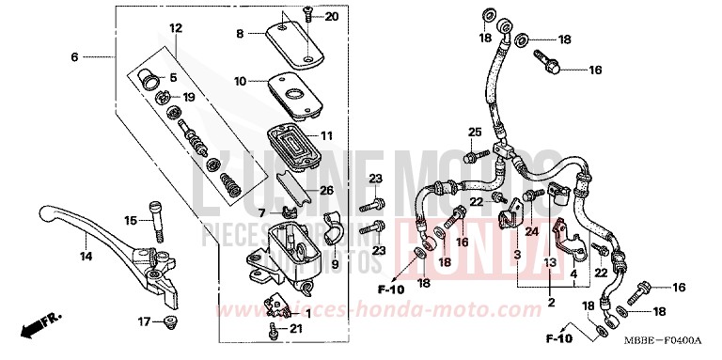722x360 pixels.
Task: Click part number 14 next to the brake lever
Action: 86,257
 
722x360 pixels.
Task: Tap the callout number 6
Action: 74,57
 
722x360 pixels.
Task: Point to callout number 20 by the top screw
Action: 331,18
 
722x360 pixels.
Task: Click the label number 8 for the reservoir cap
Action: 240,34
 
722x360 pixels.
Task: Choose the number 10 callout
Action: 240,82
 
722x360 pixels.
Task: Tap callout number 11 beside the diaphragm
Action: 326,136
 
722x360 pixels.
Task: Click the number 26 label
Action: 326,191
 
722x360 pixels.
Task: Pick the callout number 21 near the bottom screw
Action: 296,328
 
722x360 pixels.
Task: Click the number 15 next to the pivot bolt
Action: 132,221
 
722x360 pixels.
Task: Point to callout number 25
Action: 474,131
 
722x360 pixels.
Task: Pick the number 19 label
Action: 188,97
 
